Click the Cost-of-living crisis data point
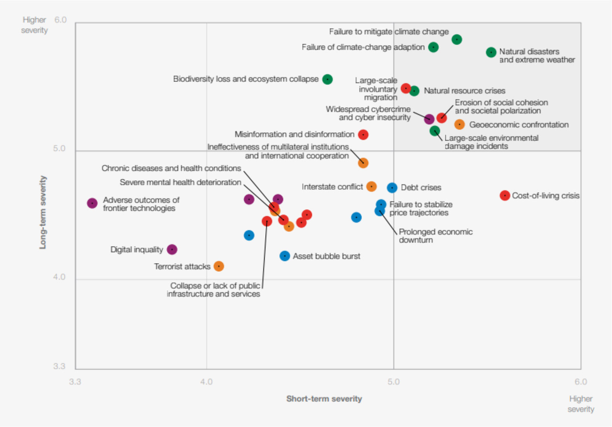click(x=504, y=196)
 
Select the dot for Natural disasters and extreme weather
click(x=491, y=52)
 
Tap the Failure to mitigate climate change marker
click(x=457, y=40)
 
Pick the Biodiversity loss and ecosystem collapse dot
click(x=327, y=79)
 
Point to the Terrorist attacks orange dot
click(x=219, y=266)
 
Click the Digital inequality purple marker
click(x=172, y=250)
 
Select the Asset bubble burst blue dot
click(x=285, y=256)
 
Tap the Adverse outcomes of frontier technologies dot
click(x=92, y=203)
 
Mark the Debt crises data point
click(x=392, y=188)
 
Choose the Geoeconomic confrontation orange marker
click(x=459, y=125)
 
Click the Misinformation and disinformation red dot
click(x=363, y=135)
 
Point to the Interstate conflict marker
click(x=371, y=187)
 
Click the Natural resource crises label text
click(x=464, y=91)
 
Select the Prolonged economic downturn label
click(x=435, y=236)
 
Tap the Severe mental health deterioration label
click(x=181, y=182)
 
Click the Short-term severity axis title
click(x=324, y=399)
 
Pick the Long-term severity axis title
click(x=43, y=212)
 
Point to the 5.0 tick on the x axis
click(x=393, y=382)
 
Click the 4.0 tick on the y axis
click(x=59, y=277)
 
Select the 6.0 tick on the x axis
click(x=581, y=382)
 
